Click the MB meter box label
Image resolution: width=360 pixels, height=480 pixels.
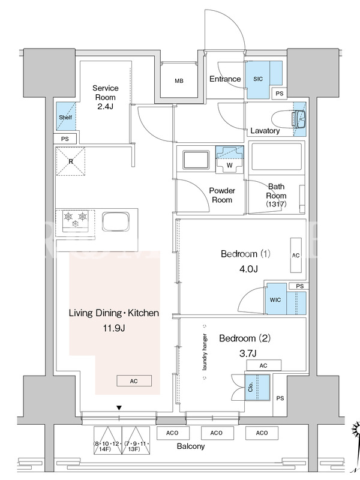[179, 81]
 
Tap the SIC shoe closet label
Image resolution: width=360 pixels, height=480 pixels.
[258, 79]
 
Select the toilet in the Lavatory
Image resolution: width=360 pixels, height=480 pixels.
[289, 119]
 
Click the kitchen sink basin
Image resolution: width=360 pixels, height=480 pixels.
[115, 221]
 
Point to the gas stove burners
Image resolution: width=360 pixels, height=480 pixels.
[76, 220]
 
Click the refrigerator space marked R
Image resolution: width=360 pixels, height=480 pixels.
[71, 161]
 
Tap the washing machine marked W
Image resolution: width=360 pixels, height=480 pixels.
[230, 159]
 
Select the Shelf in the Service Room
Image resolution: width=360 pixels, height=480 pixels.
[65, 117]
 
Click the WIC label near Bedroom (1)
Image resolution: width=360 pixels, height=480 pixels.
[275, 300]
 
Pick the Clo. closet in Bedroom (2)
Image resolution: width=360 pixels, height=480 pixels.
[257, 387]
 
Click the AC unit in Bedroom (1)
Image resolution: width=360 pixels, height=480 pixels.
[296, 255]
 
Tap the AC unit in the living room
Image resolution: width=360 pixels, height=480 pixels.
[134, 381]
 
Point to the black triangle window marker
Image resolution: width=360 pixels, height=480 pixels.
[119, 408]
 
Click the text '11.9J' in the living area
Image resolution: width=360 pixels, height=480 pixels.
[114, 328]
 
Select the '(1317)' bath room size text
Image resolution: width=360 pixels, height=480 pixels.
[276, 204]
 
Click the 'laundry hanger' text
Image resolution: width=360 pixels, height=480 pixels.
[205, 352]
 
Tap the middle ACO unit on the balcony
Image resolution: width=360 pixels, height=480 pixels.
[217, 433]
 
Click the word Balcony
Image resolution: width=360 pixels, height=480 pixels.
[191, 446]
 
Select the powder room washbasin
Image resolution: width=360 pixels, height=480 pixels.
[196, 160]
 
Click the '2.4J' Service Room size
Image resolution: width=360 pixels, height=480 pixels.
[106, 107]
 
